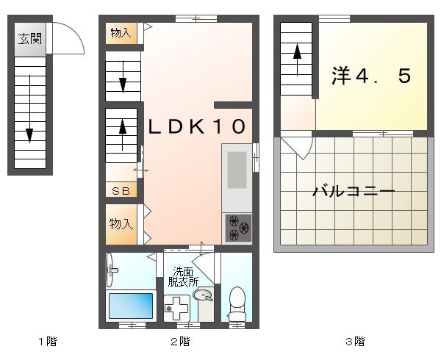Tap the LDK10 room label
click(196, 126)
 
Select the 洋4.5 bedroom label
click(370, 76)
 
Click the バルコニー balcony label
click(354, 192)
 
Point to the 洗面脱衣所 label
click(183, 276)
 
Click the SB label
click(121, 191)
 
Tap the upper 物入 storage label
click(121, 32)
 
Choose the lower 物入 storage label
click(121, 223)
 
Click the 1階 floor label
click(48, 341)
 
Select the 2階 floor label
click(180, 341)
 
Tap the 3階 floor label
click(354, 341)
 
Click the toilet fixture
click(237, 301)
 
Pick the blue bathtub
click(132, 304)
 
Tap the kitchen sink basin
click(237, 170)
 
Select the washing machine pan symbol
click(176, 306)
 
